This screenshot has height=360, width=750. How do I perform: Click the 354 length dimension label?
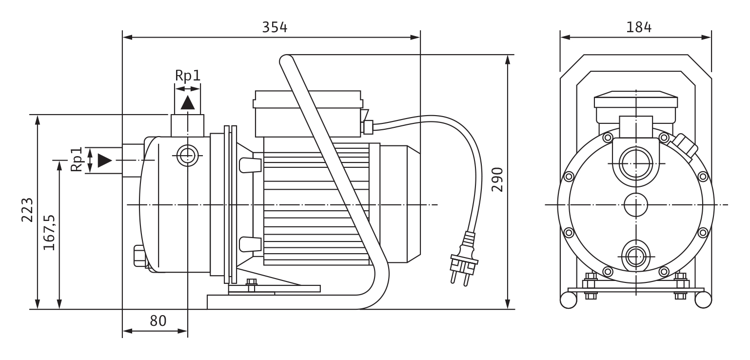(x=275, y=27)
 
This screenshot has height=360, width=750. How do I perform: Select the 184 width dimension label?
(x=639, y=27)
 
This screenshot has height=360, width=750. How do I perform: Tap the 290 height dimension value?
(x=497, y=180)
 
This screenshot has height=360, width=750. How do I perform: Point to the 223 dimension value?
(x=27, y=210)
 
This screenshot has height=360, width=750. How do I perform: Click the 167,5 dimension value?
(x=49, y=232)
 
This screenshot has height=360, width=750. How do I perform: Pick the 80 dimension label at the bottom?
(x=158, y=321)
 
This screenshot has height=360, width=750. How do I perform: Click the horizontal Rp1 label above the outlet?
(x=188, y=76)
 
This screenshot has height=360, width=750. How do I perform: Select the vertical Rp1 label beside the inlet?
(x=77, y=160)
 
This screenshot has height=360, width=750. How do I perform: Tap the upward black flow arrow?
(x=187, y=102)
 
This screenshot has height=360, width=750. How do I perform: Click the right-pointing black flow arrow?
(x=104, y=160)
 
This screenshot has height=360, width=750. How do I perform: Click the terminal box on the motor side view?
(x=308, y=114)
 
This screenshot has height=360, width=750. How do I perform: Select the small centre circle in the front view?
(x=636, y=204)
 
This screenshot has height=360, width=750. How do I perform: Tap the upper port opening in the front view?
(x=636, y=163)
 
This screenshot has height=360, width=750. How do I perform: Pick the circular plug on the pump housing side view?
(x=187, y=156)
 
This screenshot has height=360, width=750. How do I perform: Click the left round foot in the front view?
(x=569, y=300)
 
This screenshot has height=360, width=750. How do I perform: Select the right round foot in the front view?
(x=703, y=300)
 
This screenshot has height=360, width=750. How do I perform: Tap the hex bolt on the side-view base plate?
(x=251, y=285)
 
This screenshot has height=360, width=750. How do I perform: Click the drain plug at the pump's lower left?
(x=139, y=256)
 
